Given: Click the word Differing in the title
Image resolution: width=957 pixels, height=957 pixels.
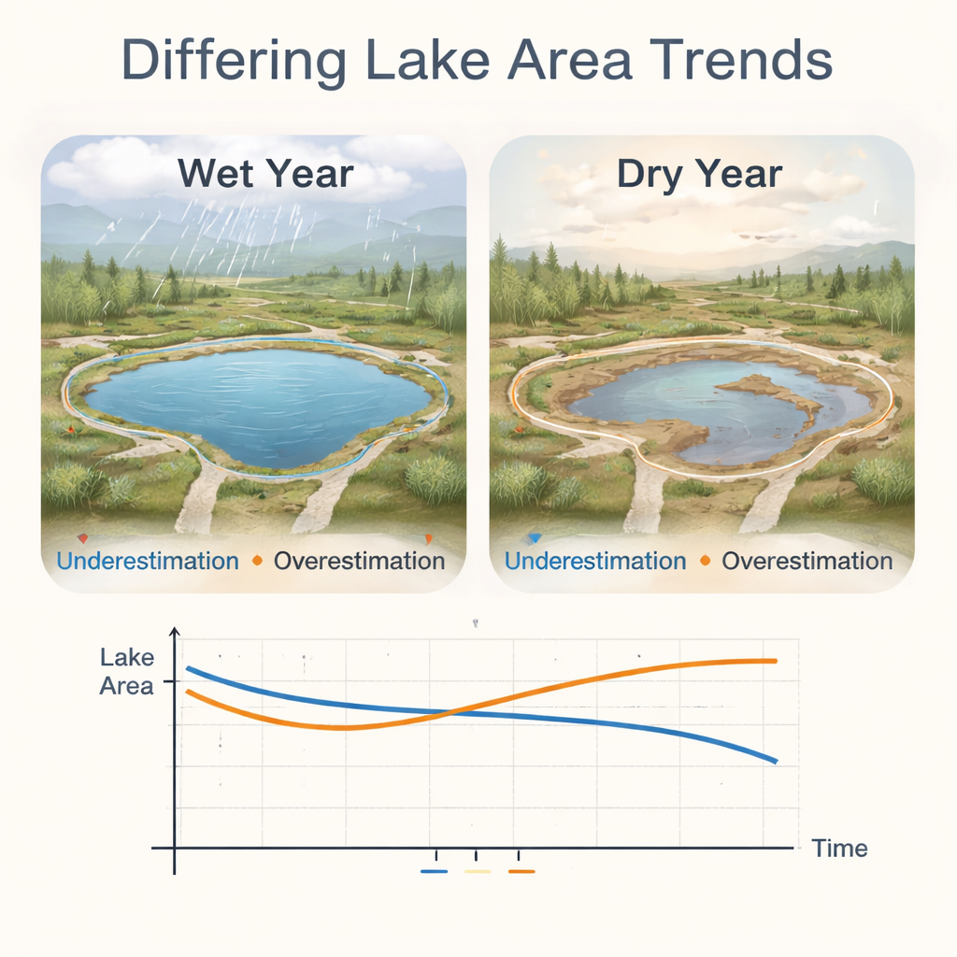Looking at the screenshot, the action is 235,61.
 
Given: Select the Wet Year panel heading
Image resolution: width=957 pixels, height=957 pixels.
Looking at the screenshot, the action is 265,173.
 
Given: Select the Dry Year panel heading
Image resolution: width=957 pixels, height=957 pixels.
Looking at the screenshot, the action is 699,175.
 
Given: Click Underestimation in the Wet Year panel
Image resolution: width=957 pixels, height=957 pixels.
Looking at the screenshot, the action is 148,561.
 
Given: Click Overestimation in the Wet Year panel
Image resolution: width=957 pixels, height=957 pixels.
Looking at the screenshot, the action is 360,561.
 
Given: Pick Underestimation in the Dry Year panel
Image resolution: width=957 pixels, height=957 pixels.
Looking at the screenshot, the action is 595,561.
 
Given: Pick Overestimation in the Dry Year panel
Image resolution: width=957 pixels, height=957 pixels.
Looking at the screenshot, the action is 807,561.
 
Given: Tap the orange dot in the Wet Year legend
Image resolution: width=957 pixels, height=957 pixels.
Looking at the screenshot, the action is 257,561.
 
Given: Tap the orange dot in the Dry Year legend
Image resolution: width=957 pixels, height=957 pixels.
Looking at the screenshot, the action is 706,561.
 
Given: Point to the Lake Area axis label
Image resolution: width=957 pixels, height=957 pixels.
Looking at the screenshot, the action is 127,671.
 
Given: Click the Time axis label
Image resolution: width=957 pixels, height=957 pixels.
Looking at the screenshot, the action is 839,849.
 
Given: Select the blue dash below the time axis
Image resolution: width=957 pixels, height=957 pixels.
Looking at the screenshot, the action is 434,872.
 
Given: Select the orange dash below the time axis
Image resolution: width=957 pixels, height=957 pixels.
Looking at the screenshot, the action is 521,872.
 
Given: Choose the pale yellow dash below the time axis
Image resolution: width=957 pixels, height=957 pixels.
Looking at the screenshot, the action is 478,872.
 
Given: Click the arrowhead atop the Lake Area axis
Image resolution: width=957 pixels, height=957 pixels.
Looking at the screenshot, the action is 175,632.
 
